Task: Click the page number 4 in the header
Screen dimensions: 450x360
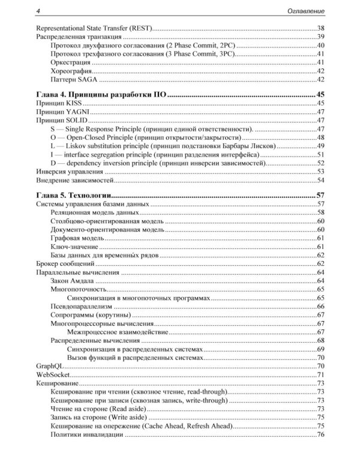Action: tap(38, 11)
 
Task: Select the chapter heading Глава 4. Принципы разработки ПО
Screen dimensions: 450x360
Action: tap(101, 94)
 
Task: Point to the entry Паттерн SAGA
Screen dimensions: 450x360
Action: tap(77, 79)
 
